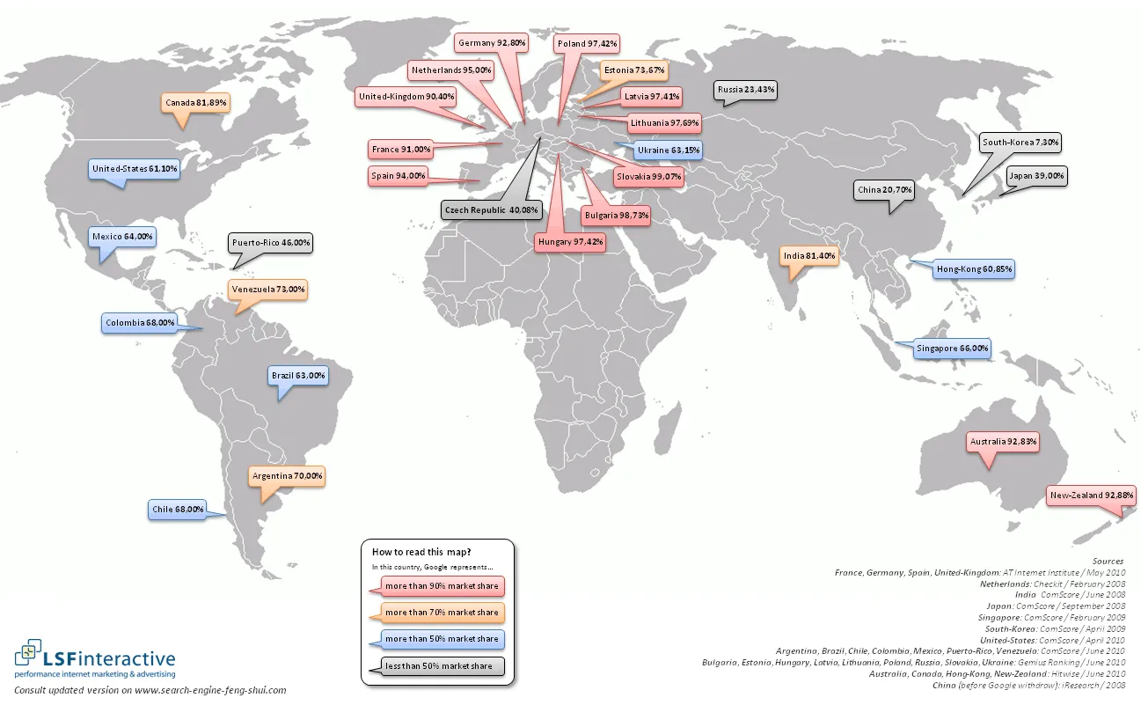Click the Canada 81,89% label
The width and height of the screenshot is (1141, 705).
click(x=195, y=103)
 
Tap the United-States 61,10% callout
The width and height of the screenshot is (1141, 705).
click(x=135, y=168)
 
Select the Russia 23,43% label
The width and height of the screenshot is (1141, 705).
click(x=745, y=90)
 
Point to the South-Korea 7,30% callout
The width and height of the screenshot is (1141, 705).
click(x=1021, y=142)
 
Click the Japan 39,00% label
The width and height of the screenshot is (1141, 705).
click(x=1036, y=176)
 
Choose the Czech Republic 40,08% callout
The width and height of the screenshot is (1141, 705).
click(x=491, y=210)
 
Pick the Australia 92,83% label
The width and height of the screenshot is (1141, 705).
click(x=1003, y=441)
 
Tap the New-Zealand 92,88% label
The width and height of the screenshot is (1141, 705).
click(x=1091, y=496)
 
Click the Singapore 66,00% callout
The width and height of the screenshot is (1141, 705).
click(x=952, y=349)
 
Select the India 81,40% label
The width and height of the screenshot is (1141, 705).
click(x=808, y=256)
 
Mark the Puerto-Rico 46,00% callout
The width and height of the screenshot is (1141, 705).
click(x=271, y=242)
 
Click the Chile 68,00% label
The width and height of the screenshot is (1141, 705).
click(x=178, y=509)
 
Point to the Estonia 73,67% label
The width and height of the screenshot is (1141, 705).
click(x=633, y=70)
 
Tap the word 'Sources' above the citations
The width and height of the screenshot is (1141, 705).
click(x=1108, y=561)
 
